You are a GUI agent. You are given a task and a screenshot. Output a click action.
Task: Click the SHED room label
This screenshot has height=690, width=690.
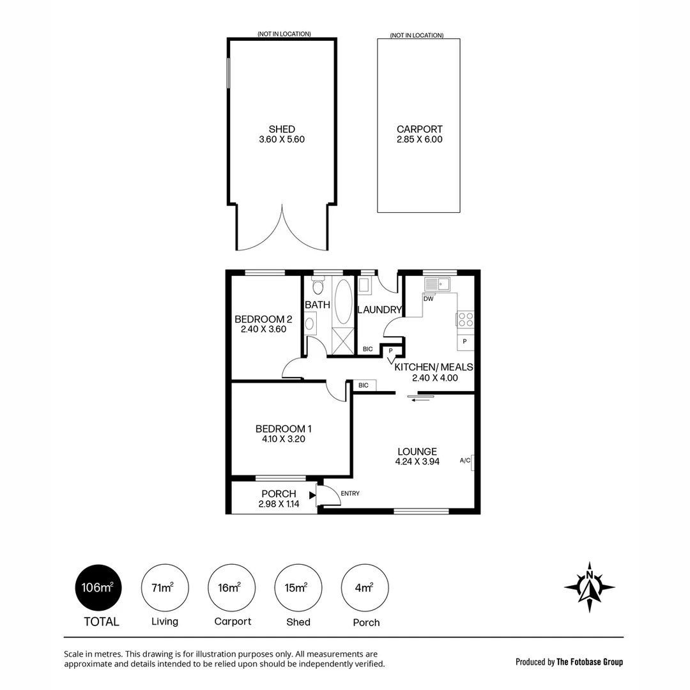click(x=282, y=129)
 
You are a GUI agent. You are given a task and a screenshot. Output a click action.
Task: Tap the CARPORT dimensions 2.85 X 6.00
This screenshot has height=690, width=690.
click(x=419, y=139)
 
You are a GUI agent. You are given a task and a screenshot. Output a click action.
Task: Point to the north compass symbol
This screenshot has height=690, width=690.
click(x=589, y=583)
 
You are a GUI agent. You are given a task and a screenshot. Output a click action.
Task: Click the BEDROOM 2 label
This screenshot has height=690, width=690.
click(x=263, y=319)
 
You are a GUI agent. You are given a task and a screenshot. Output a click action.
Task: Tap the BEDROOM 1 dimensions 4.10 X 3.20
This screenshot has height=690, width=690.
click(x=283, y=439)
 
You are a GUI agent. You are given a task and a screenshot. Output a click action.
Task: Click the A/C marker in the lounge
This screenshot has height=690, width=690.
click(x=466, y=461)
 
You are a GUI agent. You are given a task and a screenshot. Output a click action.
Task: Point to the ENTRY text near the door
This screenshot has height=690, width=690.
click(x=350, y=493)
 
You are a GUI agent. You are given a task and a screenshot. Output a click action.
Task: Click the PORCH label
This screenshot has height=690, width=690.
click(x=279, y=494)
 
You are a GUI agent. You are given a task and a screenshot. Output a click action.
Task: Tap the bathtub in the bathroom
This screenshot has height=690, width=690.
click(x=343, y=301)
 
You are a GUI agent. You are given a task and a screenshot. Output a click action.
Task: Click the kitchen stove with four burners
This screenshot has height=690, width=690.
click(x=465, y=319)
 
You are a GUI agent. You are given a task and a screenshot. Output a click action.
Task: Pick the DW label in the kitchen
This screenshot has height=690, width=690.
click(x=428, y=298)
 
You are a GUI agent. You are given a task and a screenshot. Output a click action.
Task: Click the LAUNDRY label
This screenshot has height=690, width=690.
click(x=379, y=310)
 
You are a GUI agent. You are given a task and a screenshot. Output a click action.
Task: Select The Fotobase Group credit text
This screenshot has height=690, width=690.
click(x=569, y=662)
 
